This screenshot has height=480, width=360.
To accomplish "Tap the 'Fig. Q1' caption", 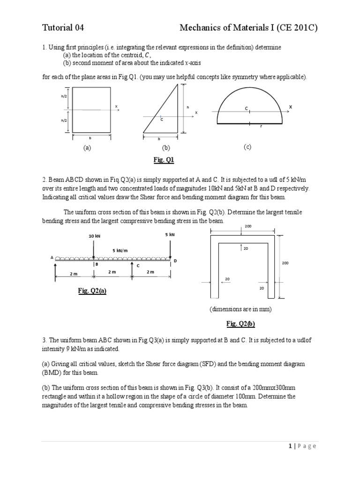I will [164, 160].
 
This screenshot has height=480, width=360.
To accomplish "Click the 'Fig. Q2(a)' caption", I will [92, 291].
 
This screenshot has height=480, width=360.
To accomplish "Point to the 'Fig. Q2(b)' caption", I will [240, 323].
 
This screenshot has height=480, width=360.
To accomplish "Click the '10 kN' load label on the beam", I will [94, 236].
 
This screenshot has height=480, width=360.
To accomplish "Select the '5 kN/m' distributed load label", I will [120, 250].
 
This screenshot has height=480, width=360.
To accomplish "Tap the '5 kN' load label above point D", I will [170, 234].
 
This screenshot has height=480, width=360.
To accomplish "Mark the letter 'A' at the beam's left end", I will [52, 257].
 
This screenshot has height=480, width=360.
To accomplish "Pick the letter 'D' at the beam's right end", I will [175, 261].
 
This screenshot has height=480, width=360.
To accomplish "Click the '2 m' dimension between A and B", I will [74, 274].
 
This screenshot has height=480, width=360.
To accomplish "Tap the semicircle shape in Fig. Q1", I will [249, 105].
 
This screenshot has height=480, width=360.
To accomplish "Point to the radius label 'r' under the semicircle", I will [261, 127].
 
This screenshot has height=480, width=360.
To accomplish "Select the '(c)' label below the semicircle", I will [247, 147].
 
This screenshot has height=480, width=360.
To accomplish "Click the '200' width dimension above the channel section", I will [248, 226].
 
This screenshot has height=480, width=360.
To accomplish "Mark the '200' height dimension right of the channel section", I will [285, 263].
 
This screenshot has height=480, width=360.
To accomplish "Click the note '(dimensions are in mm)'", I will [240, 309].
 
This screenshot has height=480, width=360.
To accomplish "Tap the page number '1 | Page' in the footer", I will [302, 446].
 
